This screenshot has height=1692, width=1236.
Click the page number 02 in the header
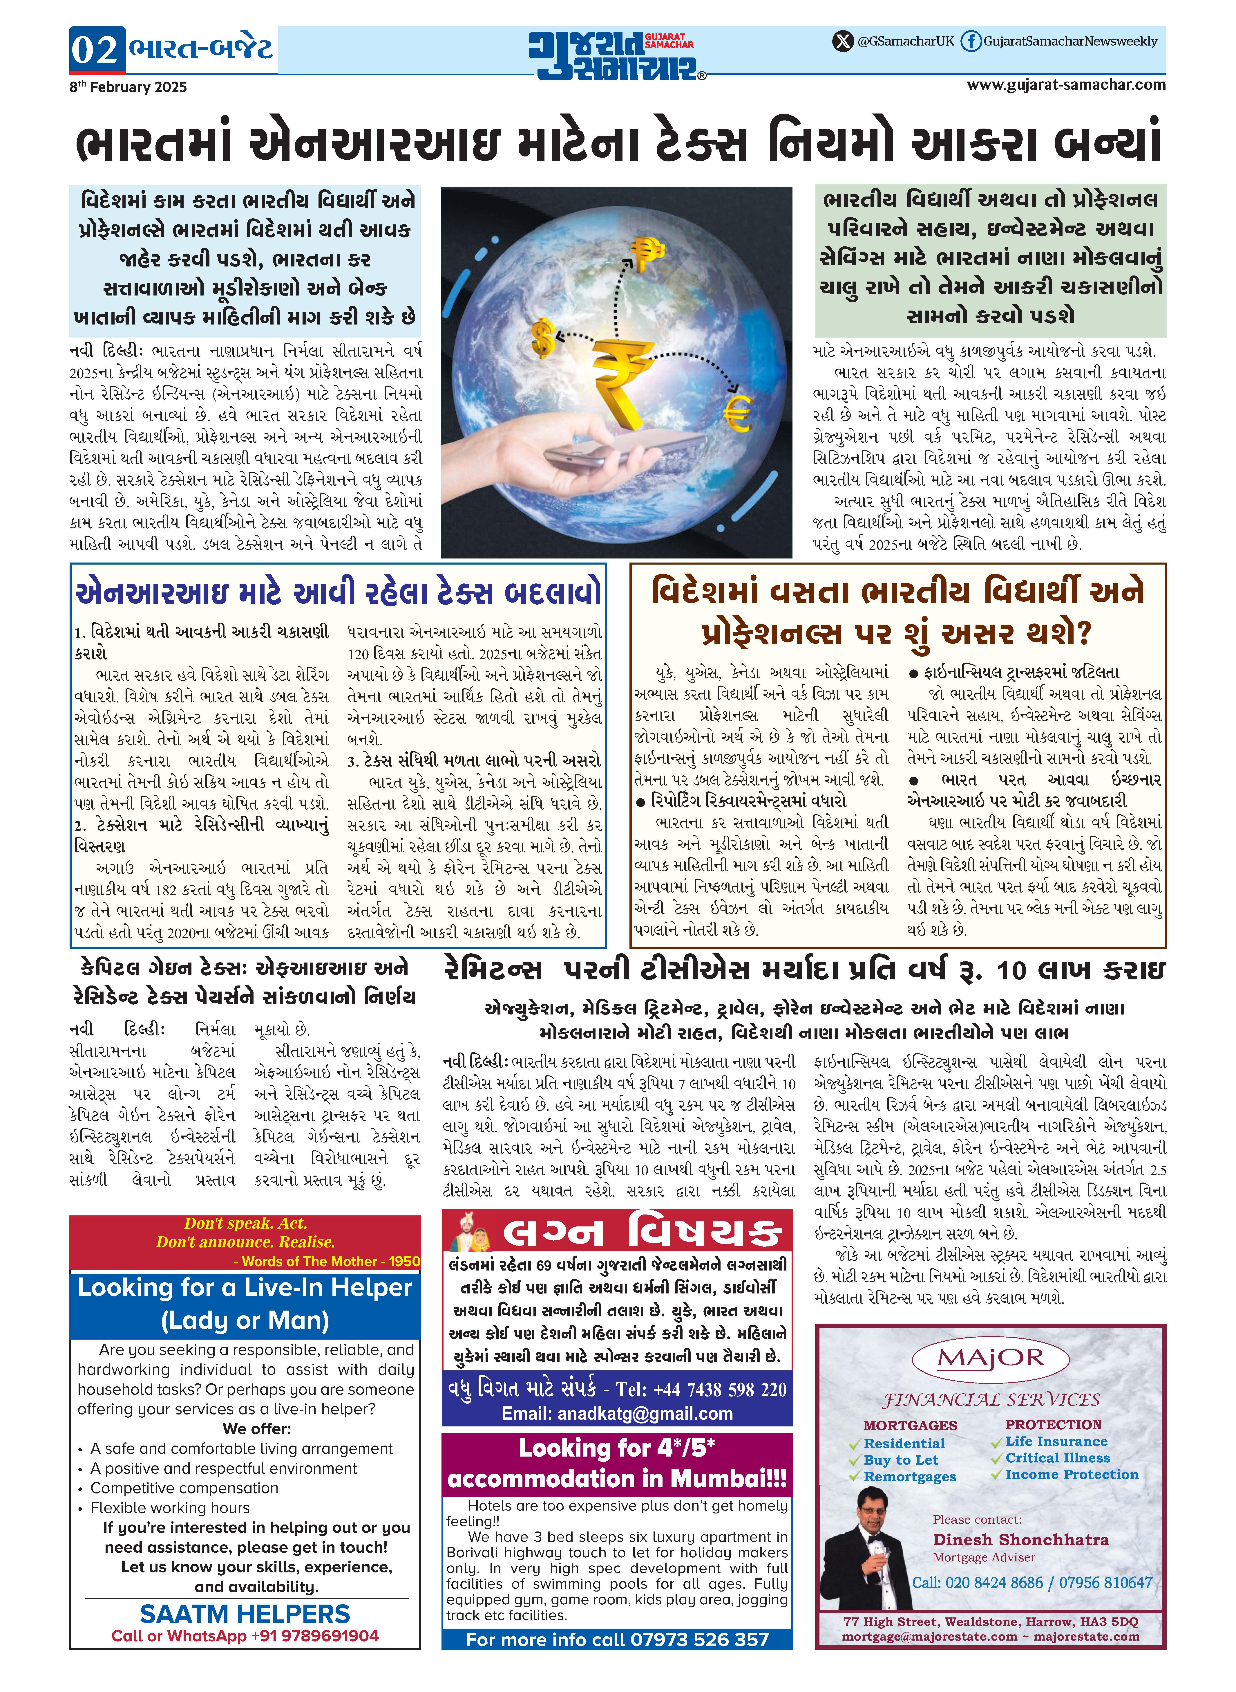pos(95,49)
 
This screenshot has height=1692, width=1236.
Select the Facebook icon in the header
pos(970,41)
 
